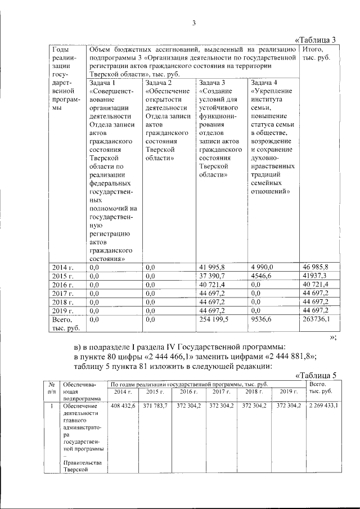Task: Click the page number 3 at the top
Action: (193, 23)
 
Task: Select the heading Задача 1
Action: (102, 83)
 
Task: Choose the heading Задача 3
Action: (212, 83)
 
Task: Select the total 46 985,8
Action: (316, 267)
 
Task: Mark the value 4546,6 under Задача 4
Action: (262, 277)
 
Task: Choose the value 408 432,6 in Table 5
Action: (123, 406)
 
